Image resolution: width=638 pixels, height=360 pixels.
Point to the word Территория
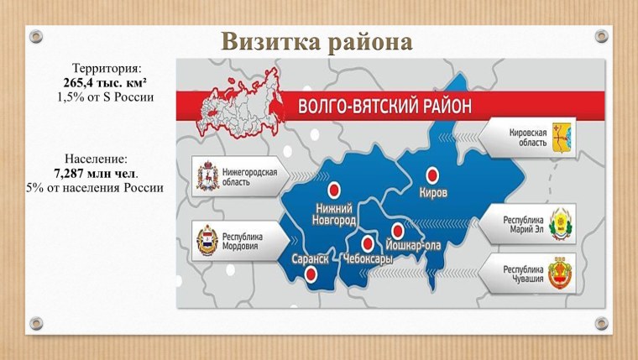[107, 67]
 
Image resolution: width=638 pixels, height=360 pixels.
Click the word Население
[96, 157]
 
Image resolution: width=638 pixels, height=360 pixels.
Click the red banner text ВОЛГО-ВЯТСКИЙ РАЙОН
[385, 107]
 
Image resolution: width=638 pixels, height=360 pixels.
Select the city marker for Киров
[432, 175]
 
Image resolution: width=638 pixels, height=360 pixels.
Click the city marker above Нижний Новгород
[335, 189]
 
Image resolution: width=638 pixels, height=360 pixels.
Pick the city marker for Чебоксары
[367, 243]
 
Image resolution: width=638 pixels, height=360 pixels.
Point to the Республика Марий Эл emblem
[560, 226]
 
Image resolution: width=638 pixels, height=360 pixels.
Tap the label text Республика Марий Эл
[524, 226]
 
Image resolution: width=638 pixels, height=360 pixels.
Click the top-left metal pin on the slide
[35, 36]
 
